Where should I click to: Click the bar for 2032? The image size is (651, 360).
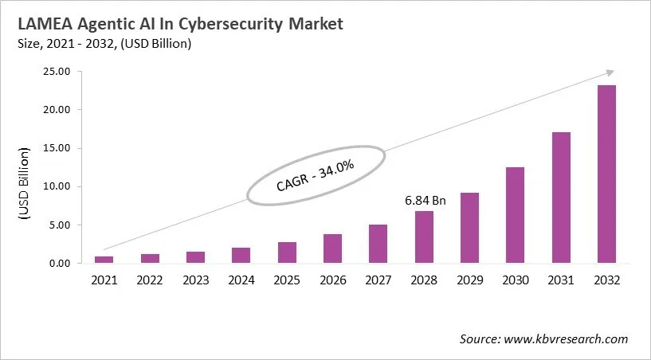pos(606,174)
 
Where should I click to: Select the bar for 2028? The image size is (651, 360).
pos(424,237)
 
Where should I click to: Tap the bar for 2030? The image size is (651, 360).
pos(516,215)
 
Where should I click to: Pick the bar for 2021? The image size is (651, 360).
pos(104,260)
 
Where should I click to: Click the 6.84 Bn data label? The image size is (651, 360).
pos(425,201)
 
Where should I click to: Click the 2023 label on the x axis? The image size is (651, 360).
pos(196,280)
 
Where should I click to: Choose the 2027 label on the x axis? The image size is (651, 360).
pos(378,280)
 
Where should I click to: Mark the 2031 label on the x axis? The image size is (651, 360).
pos(561,280)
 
